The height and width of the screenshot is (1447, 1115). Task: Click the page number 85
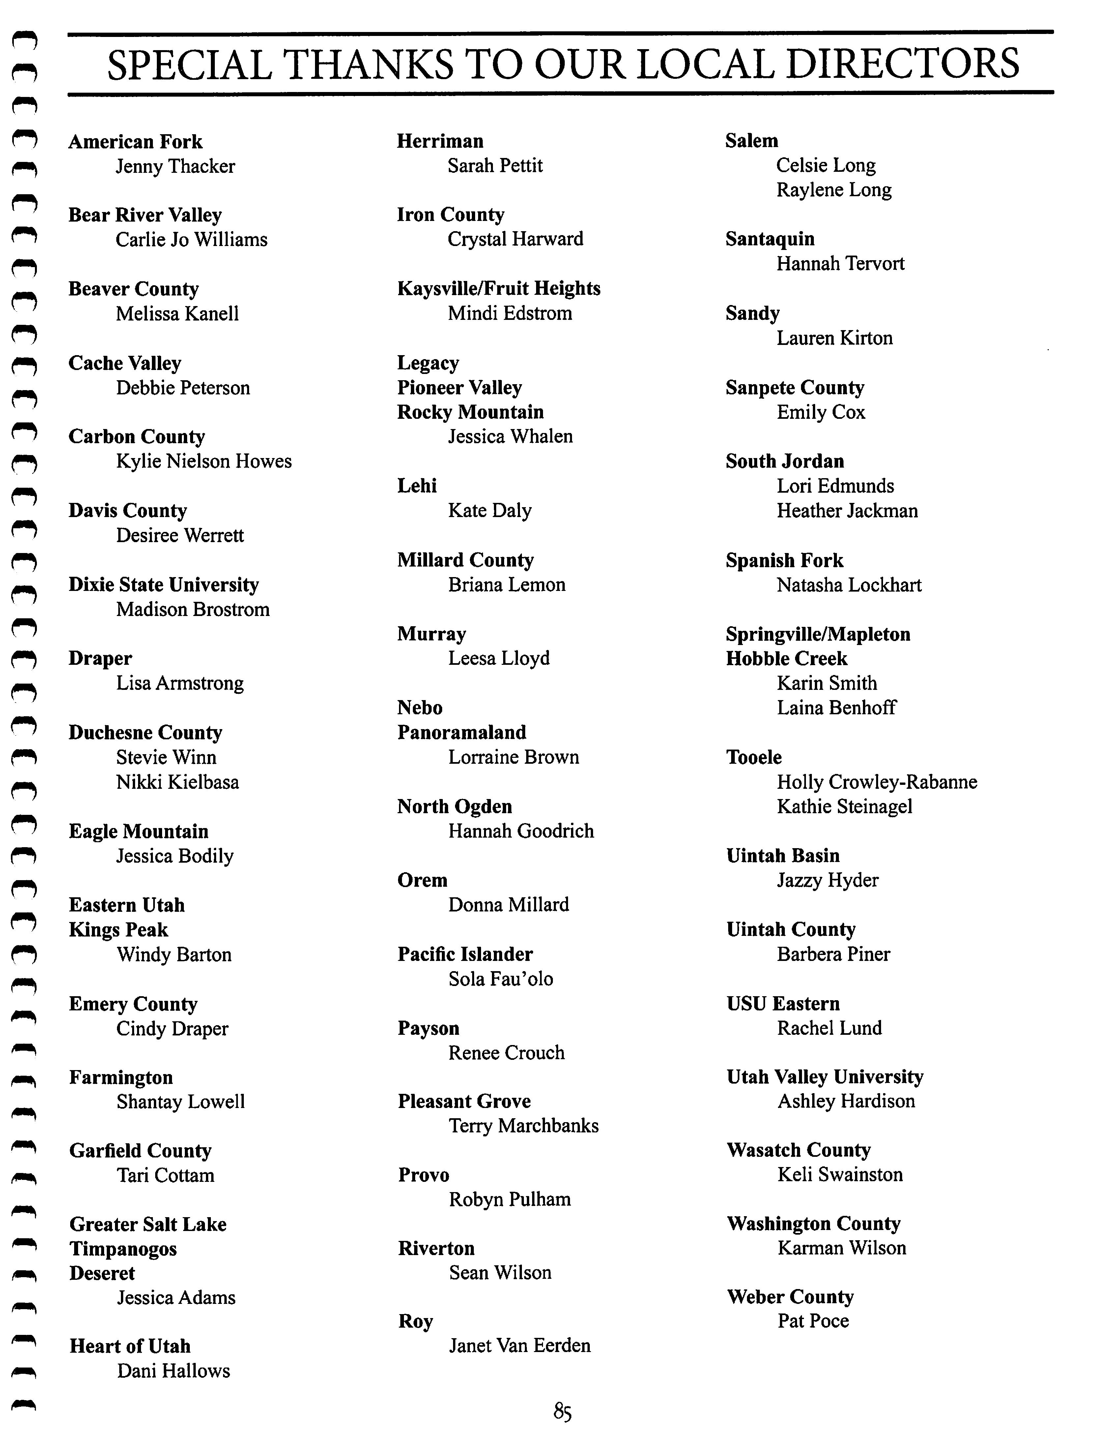(562, 1410)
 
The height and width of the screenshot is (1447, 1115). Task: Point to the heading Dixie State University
(163, 584)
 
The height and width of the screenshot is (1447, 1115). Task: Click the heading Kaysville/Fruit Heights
(499, 288)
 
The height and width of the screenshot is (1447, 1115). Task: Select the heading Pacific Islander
(465, 954)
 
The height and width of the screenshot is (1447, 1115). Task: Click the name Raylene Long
(834, 190)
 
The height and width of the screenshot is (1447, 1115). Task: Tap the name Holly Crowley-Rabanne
(877, 782)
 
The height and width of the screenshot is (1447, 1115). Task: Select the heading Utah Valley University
(824, 1077)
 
